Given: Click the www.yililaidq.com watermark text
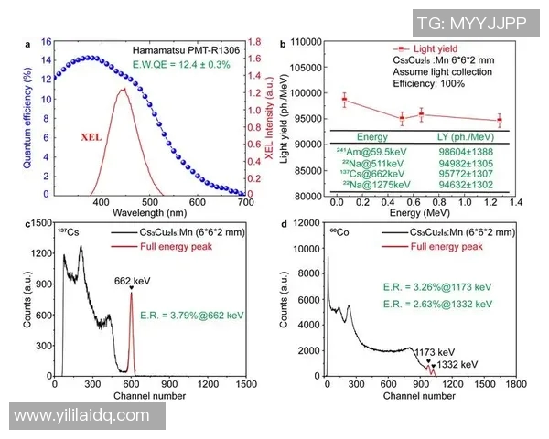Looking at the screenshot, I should click(x=82, y=416).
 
